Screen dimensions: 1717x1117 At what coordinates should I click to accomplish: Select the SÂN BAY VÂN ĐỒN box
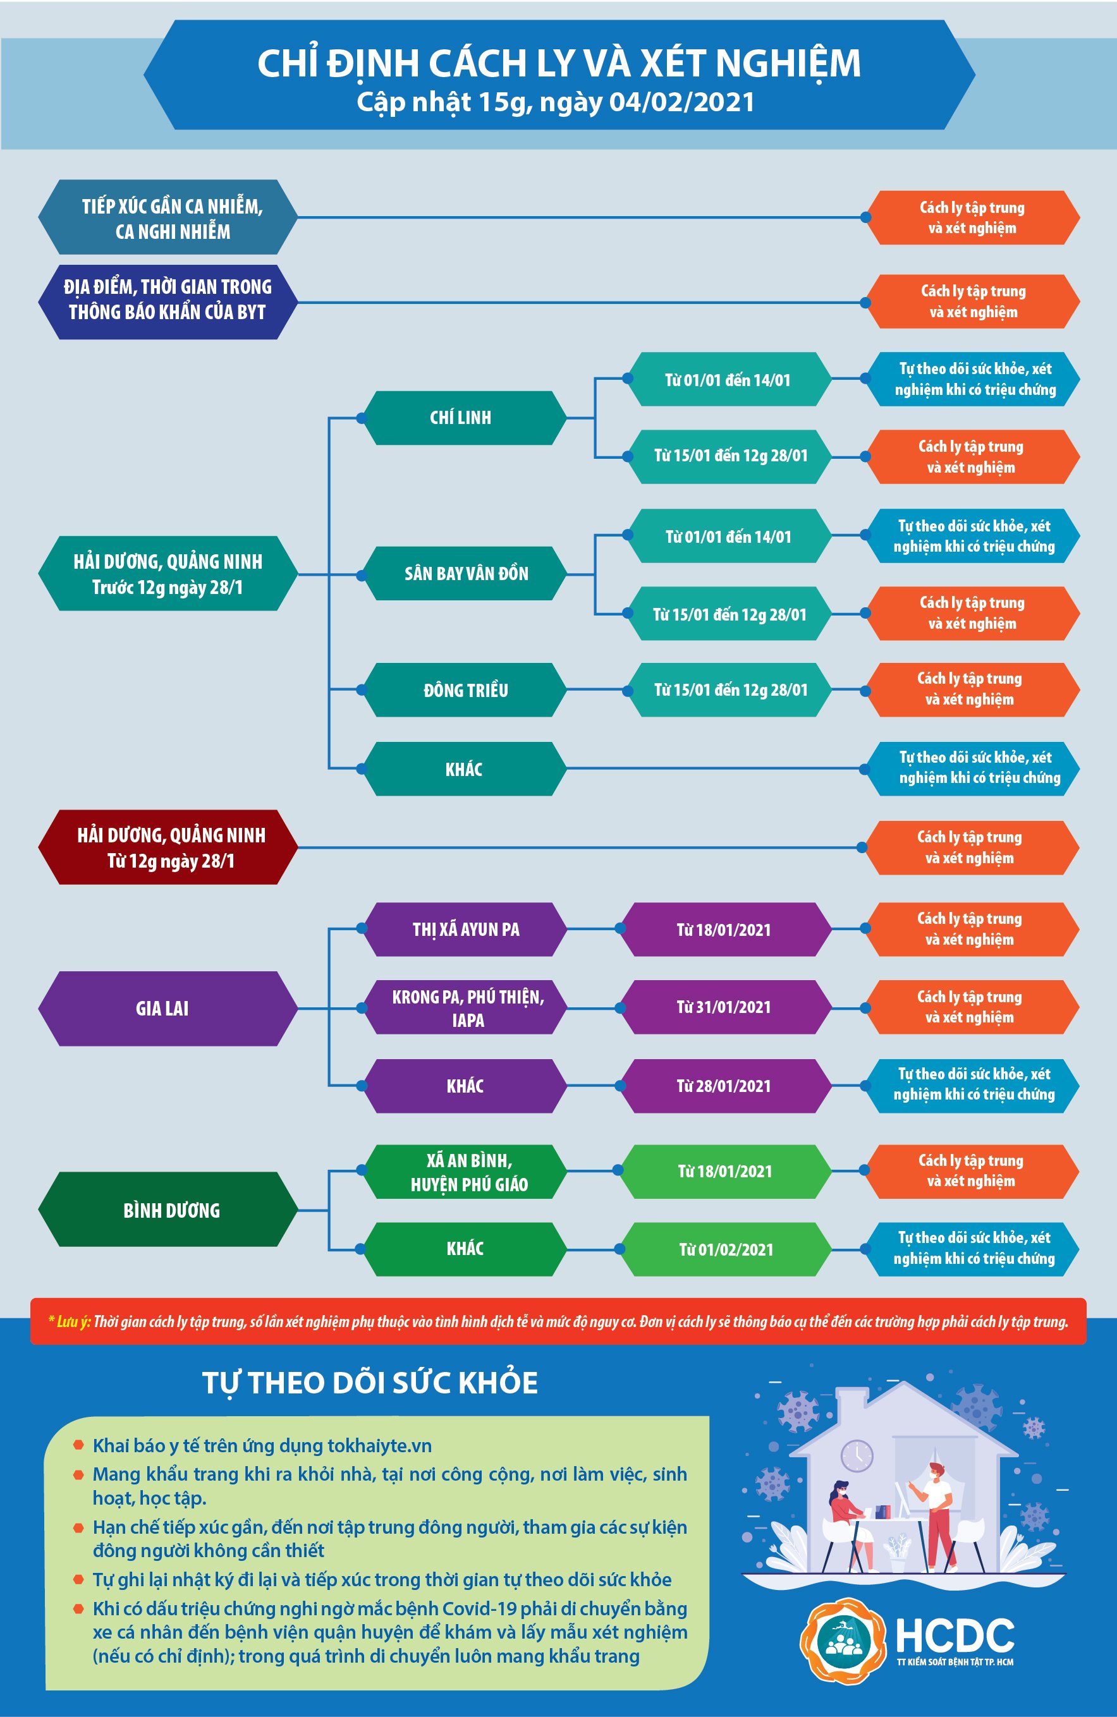465,574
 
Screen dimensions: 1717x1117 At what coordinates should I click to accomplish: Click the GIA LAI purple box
167,1009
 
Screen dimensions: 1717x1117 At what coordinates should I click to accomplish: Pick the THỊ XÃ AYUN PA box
465,929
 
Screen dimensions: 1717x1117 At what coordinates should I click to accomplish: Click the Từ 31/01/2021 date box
724,1007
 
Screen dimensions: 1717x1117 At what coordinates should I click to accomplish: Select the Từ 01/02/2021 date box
725,1249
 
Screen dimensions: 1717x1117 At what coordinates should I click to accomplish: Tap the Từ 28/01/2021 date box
724,1086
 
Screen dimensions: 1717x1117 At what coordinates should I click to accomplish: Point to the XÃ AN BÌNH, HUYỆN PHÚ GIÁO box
468,1172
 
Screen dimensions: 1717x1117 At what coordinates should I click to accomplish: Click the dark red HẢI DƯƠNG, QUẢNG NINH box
169,847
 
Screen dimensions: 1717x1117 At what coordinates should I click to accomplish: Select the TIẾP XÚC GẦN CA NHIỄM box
169,218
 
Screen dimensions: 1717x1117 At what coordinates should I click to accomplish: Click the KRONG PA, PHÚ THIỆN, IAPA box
468,1008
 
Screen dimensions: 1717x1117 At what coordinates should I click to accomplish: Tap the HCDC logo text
954,1635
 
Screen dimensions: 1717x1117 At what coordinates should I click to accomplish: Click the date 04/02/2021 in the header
681,102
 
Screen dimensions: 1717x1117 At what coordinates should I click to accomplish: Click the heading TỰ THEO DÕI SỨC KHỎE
370,1383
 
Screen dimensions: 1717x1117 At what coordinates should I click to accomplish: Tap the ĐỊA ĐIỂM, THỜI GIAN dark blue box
168,300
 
